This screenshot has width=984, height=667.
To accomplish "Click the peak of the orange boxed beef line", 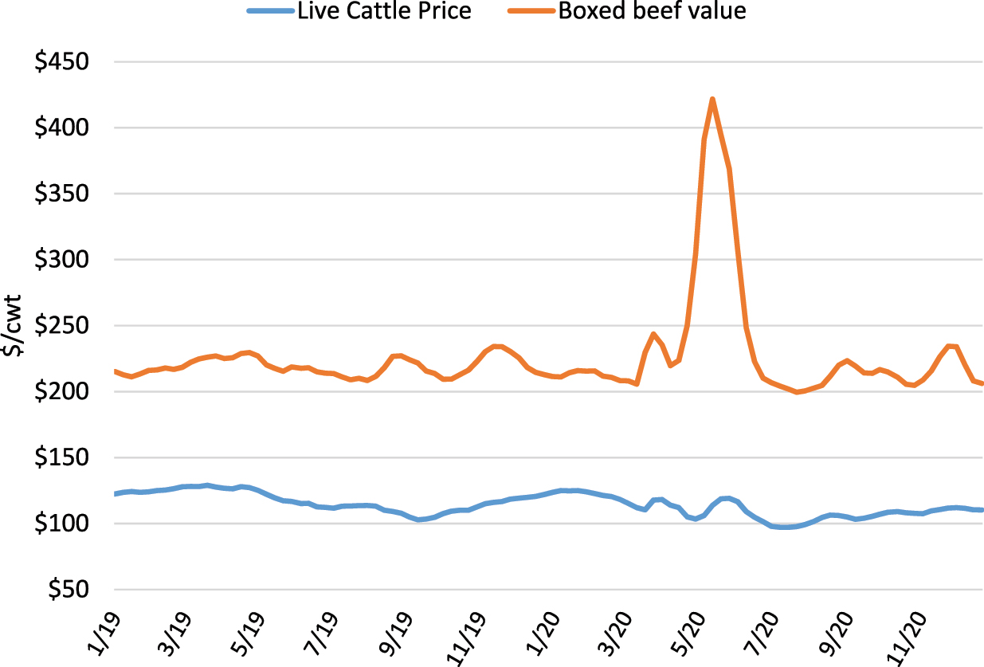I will (712, 99).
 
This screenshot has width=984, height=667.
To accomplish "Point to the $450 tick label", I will (66, 62).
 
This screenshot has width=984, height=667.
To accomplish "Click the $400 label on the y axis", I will (66, 128).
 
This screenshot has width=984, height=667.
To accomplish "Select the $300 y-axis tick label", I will (66, 260).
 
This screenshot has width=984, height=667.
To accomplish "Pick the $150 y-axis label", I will (66, 458).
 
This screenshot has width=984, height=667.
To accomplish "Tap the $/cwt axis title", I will (15, 326).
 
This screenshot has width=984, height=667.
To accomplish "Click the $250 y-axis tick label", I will (66, 326).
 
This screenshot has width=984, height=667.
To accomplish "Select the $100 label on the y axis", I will (66, 524).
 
